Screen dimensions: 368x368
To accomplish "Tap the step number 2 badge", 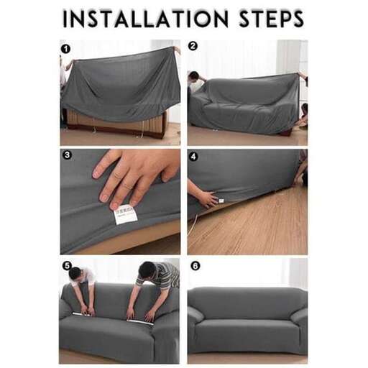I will coord(193,46).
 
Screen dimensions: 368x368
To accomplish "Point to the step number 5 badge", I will coord(66,265).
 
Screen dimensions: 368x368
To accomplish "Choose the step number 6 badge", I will coord(195,265).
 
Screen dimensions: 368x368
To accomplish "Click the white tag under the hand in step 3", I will coord(126,213).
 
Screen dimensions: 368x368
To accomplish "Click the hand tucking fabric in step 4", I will coord(204,196).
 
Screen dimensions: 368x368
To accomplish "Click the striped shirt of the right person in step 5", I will coord(165,274).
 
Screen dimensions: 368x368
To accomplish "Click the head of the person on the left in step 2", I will coord(194,76).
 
